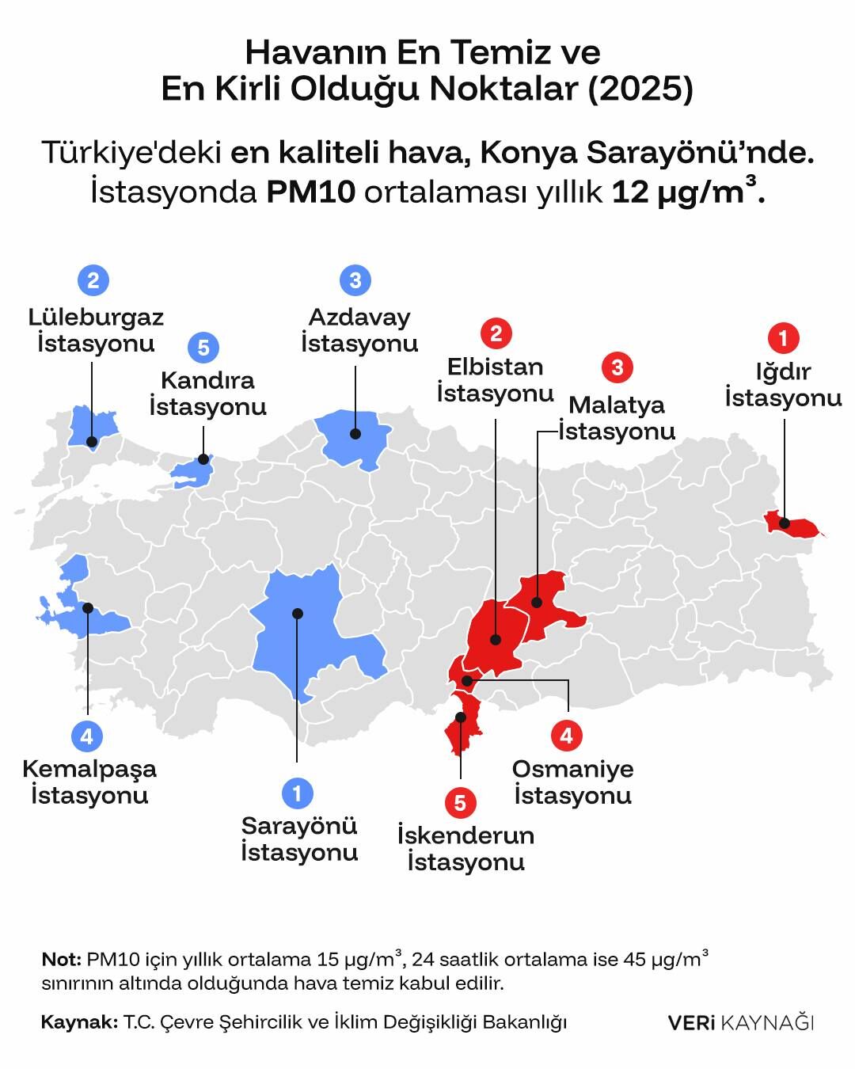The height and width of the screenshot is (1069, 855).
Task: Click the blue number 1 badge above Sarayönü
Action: click(x=298, y=793)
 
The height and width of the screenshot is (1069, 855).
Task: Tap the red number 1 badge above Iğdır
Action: click(x=784, y=339)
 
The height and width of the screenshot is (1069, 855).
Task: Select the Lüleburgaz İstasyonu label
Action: click(x=96, y=330)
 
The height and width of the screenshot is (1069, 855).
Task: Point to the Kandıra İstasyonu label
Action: click(x=207, y=394)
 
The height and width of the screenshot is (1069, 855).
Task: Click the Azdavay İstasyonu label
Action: click(x=359, y=330)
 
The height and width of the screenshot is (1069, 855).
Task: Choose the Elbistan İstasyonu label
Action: click(x=496, y=380)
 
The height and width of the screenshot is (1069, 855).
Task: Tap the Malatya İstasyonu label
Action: click(x=617, y=418)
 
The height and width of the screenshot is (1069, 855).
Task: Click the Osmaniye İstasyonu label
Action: click(x=573, y=782)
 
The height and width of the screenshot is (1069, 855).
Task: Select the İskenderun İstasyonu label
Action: click(x=465, y=848)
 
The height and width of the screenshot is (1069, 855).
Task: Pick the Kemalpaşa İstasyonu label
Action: click(x=89, y=782)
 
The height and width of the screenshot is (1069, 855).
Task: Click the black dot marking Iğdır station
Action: click(x=785, y=523)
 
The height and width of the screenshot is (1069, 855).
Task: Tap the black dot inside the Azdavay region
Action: click(x=356, y=434)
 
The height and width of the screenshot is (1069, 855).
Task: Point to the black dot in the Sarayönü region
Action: click(x=298, y=613)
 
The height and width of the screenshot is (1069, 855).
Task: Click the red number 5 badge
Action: click(x=460, y=803)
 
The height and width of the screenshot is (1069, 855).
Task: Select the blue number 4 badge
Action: click(x=87, y=736)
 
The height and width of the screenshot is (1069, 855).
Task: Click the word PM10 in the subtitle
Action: click(x=311, y=192)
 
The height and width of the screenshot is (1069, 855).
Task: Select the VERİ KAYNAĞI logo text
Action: click(x=740, y=1022)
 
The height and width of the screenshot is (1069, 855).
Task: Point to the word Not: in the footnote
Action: click(x=61, y=960)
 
